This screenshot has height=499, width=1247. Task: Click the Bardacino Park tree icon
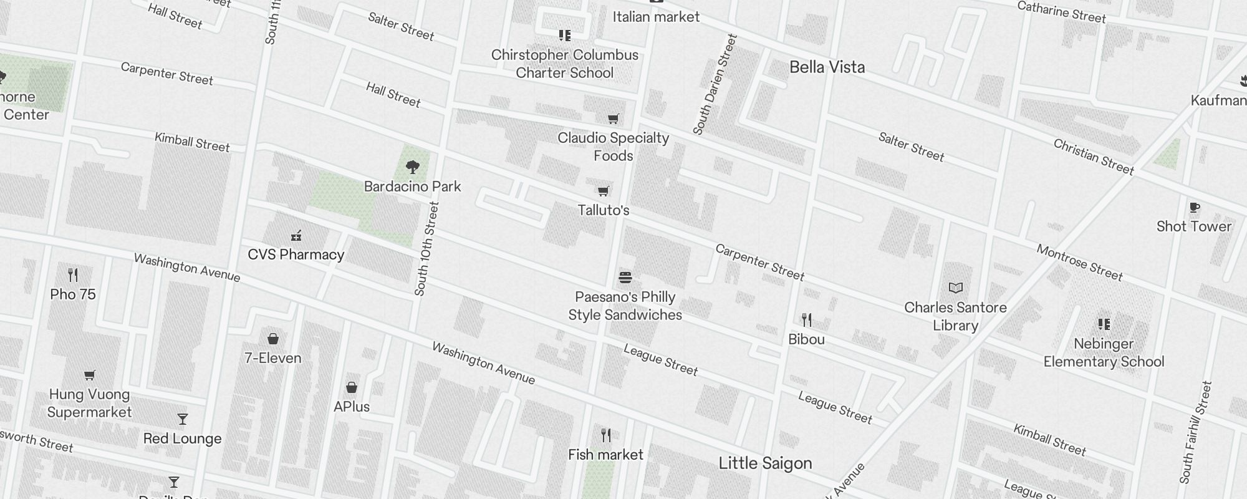tap(412, 167)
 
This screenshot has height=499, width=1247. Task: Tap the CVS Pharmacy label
tap(296, 254)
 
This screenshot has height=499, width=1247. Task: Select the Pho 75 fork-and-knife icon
tap(73, 274)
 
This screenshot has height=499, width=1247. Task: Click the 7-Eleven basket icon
tap(272, 339)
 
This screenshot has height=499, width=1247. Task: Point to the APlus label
tap(352, 407)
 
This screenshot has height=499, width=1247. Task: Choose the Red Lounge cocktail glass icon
tap(182, 419)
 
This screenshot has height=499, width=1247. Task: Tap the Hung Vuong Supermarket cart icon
tap(89, 375)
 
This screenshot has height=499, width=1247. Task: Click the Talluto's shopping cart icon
tap(603, 191)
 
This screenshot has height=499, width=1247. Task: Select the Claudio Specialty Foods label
tap(614, 147)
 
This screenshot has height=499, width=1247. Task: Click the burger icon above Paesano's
tap(625, 277)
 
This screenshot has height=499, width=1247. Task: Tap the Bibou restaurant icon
tap(807, 320)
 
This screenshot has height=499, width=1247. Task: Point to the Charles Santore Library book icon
tap(955, 288)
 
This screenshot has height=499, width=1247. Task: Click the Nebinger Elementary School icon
tap(1104, 324)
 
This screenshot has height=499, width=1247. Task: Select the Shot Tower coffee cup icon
tap(1194, 207)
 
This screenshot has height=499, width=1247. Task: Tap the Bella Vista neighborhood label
tap(827, 67)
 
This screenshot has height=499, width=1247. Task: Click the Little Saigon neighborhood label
tap(765, 463)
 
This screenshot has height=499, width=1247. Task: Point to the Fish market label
tap(605, 455)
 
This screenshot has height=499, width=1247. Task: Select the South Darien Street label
tap(715, 84)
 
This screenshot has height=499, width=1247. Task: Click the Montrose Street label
tap(1080, 262)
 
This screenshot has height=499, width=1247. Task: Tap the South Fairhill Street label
tap(1195, 432)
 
